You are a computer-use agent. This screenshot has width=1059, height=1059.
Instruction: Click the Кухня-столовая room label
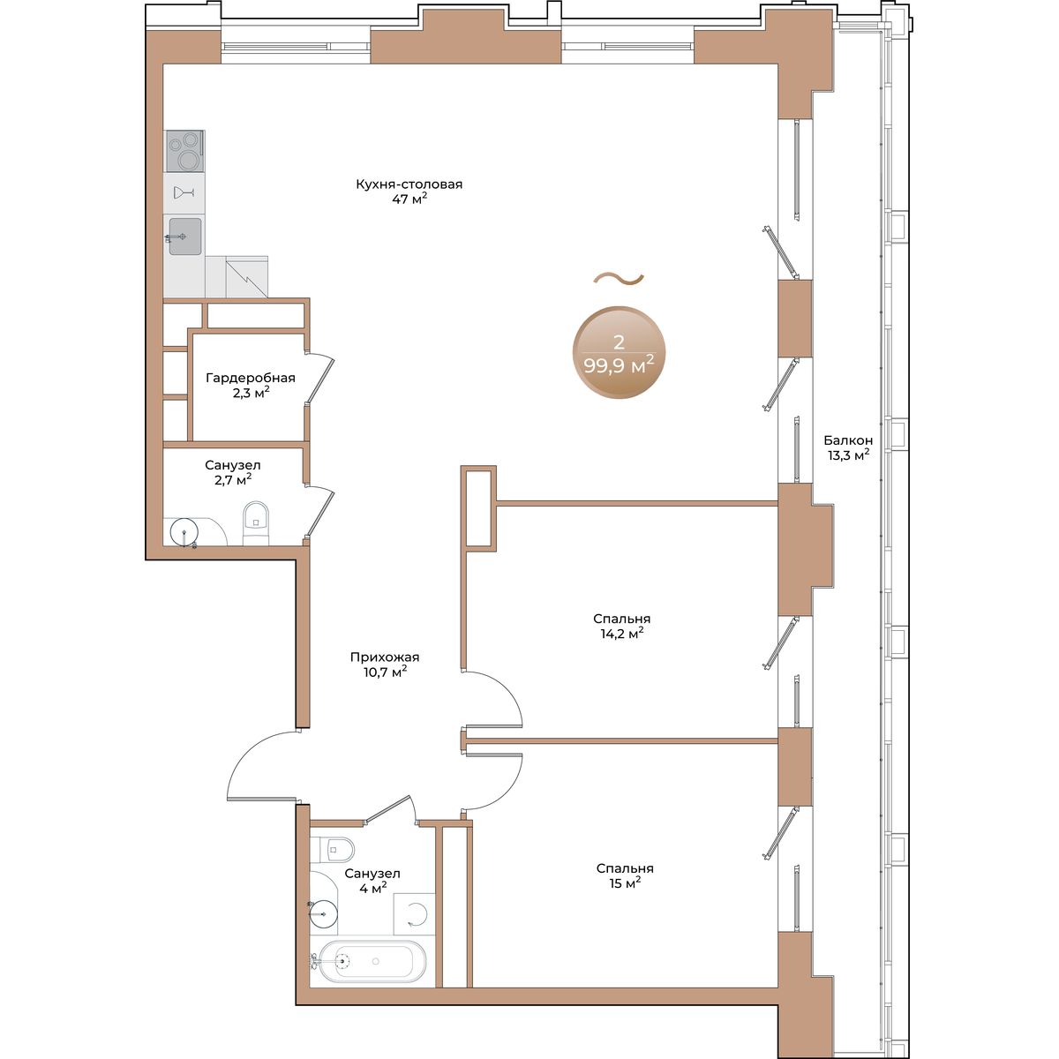click(x=409, y=184)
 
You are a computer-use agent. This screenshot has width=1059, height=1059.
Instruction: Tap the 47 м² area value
click(x=409, y=199)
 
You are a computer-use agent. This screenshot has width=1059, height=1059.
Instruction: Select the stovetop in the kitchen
click(x=185, y=151)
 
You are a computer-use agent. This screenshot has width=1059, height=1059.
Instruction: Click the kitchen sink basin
click(x=185, y=237)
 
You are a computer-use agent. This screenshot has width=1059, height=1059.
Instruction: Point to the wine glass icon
click(x=184, y=192)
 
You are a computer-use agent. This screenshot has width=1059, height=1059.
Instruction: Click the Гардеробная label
click(x=251, y=378)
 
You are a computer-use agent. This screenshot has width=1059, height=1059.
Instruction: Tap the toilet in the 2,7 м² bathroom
click(x=256, y=522)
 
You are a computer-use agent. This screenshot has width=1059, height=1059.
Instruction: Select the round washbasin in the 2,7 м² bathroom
click(x=184, y=531)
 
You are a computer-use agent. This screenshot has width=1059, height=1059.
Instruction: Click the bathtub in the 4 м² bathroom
click(x=372, y=973)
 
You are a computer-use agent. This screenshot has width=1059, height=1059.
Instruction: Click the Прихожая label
click(x=385, y=657)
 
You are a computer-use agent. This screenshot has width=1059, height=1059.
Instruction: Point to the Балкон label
click(x=848, y=440)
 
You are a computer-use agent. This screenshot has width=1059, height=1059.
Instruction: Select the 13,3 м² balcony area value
click(x=848, y=455)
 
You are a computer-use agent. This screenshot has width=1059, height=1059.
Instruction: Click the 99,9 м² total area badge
click(x=619, y=352)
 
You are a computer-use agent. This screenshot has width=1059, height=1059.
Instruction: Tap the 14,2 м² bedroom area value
click(x=621, y=634)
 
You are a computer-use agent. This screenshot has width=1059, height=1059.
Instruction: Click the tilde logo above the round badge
click(x=619, y=279)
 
